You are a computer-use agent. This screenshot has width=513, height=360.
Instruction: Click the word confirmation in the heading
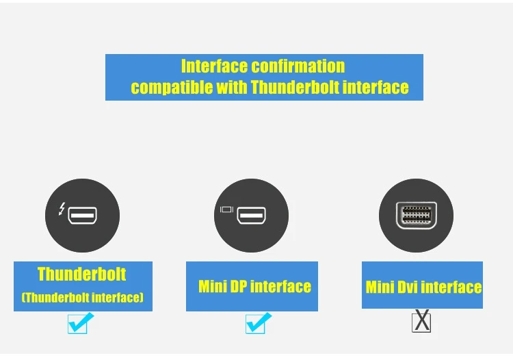(x=298, y=66)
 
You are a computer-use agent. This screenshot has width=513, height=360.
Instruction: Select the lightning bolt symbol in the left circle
(x=62, y=209)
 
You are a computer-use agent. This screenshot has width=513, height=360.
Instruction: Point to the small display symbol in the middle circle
(x=227, y=209)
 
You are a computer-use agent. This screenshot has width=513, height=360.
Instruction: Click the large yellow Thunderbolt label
(x=82, y=274)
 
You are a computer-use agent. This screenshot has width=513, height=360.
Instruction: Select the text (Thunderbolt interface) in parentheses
(x=82, y=298)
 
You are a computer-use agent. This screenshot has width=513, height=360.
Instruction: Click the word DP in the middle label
(x=239, y=286)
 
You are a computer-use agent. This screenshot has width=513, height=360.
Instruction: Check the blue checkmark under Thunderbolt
(x=79, y=322)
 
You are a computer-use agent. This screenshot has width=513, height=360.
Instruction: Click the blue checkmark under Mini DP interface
(x=257, y=322)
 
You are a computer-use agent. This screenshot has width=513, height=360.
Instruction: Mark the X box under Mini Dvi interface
(x=422, y=321)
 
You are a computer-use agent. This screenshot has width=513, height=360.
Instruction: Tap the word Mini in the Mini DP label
(x=213, y=286)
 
